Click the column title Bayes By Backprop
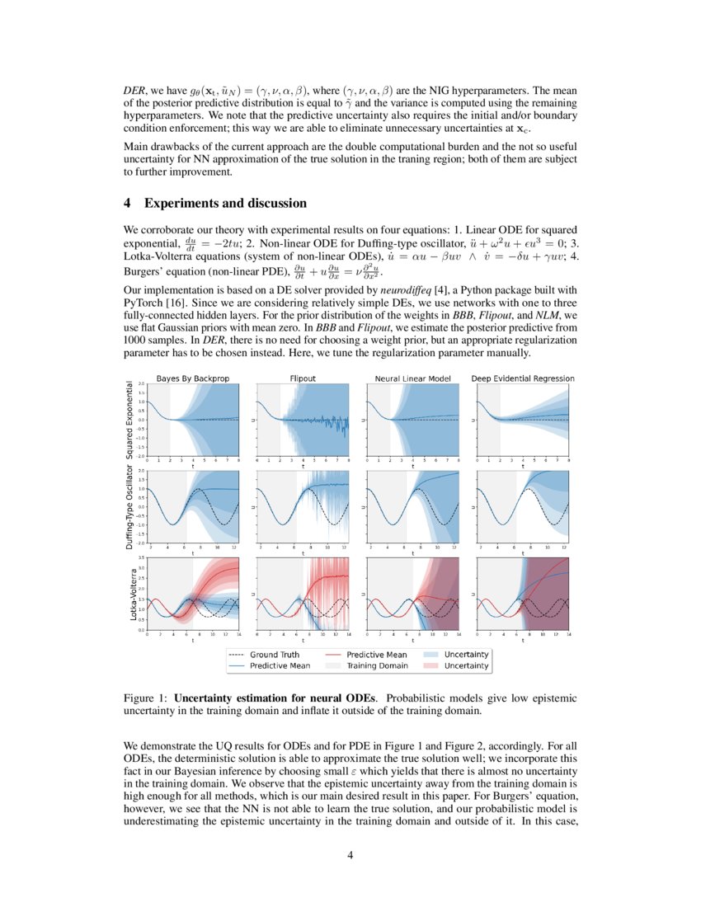pos(193,378)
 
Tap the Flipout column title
pos(303,378)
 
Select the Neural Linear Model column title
pos(412,378)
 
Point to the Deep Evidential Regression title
pos(523,378)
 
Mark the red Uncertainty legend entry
pos(467,665)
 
